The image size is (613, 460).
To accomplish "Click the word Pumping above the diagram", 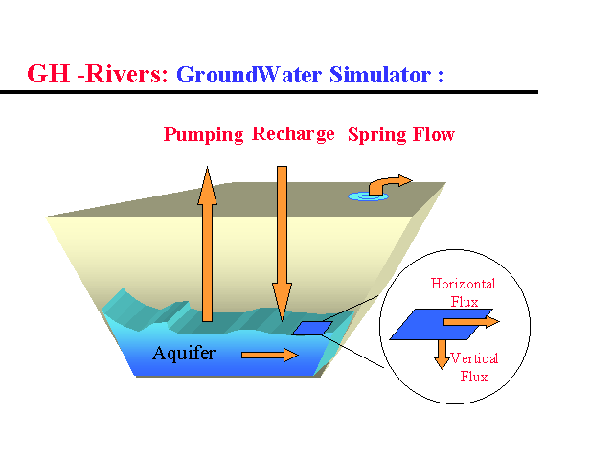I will point(203,135).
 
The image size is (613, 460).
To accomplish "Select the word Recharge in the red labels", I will point(293,134).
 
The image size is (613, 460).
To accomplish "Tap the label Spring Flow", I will point(400,135).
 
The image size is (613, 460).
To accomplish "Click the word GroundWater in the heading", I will point(251,75).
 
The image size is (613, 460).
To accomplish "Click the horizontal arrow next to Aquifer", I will point(269,356).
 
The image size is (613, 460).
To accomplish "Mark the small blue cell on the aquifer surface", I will point(310,328).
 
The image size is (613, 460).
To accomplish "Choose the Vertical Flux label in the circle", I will point(473,367).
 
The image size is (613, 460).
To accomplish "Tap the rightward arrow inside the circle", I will point(484,322).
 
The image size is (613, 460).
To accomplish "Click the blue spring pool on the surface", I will point(365,196).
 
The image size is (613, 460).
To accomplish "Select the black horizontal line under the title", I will point(268,92).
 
